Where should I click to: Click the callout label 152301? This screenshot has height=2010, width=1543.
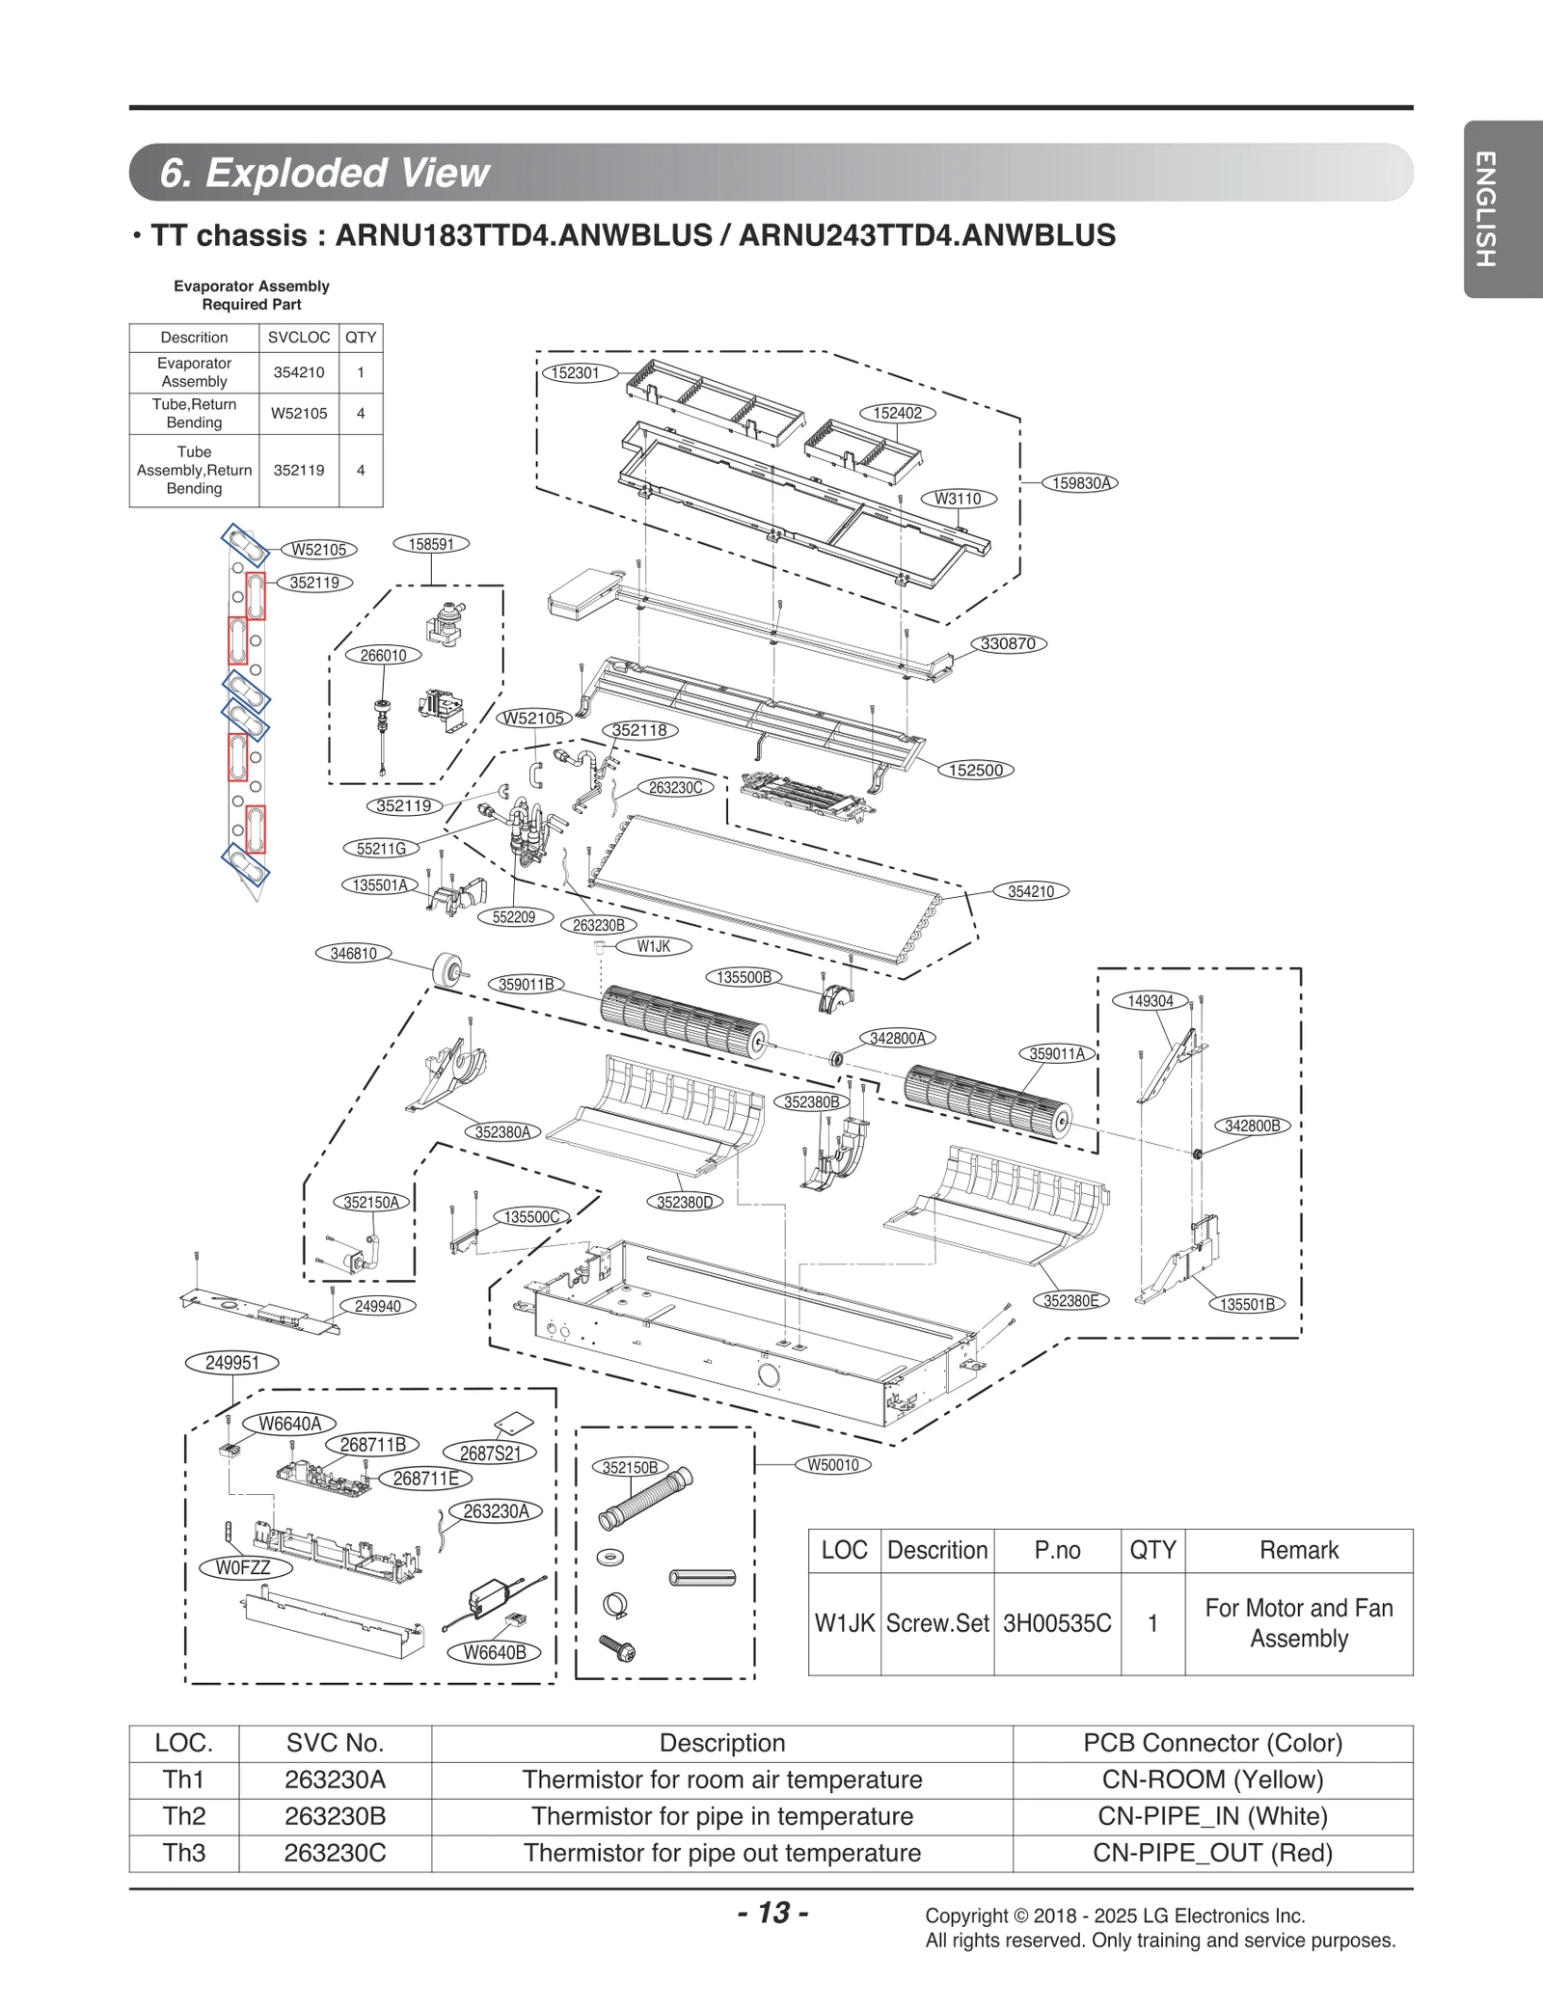tap(577, 372)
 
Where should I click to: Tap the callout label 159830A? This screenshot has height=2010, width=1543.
tap(1083, 483)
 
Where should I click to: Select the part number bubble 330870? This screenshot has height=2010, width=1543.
tap(1008, 643)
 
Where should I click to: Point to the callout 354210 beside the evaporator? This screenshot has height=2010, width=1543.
tap(1031, 891)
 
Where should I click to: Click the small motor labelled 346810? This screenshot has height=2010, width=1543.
tap(447, 967)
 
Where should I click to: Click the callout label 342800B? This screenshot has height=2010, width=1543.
tap(1252, 1126)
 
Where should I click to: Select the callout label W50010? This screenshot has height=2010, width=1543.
tap(832, 1465)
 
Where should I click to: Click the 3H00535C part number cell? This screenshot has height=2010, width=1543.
tap(1057, 1623)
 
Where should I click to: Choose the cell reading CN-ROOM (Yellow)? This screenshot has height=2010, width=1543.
tap(1212, 1779)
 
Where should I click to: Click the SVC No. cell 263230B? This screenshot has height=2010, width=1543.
tap(335, 1816)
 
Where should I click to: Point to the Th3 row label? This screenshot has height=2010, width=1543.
tap(183, 1853)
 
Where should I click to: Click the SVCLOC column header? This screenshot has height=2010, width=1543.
tap(299, 338)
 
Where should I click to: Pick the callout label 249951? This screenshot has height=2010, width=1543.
tap(232, 1363)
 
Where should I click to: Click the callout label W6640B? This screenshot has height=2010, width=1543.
tap(495, 1652)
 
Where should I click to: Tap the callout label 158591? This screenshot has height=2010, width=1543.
tap(431, 544)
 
